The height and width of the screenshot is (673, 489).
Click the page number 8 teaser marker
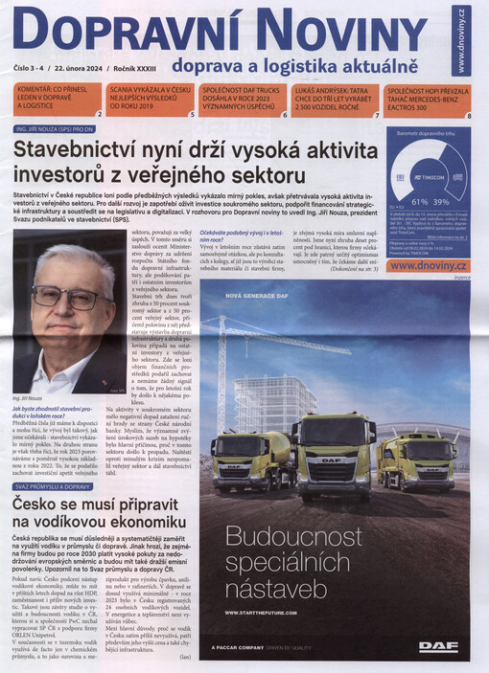pos(469,116)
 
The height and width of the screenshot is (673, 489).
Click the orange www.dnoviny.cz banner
pos(429,265)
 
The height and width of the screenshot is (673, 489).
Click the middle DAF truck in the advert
pos(332,452)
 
